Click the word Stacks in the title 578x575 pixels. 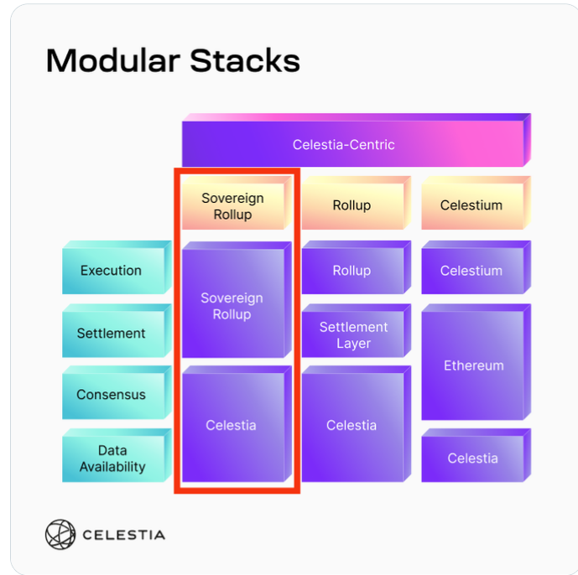(x=243, y=60)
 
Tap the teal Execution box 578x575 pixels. (x=112, y=271)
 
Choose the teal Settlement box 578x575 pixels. (x=112, y=334)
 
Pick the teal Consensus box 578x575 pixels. (x=112, y=395)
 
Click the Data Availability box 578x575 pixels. (x=112, y=459)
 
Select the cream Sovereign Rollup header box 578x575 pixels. (x=232, y=206)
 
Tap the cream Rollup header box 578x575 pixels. (x=351, y=205)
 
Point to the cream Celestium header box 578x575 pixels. (x=471, y=205)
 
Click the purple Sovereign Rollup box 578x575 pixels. (x=232, y=306)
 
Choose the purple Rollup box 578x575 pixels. (x=351, y=271)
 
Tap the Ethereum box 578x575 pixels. (x=473, y=366)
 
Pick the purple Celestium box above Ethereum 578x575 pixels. (x=471, y=271)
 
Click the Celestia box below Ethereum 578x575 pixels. (x=472, y=458)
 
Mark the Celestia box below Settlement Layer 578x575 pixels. (x=351, y=426)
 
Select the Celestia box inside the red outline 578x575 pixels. (x=232, y=426)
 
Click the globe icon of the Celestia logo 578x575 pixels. (x=60, y=535)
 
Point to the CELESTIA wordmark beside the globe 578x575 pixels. (x=123, y=535)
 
